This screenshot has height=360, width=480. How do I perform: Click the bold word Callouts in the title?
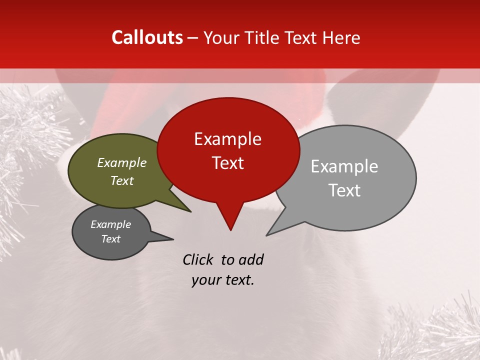[147, 37]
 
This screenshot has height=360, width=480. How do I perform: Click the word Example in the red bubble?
[227, 139]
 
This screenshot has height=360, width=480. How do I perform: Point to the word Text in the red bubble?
[227, 163]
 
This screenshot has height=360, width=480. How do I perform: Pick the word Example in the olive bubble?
[122, 162]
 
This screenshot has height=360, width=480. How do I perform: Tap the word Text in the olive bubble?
[122, 180]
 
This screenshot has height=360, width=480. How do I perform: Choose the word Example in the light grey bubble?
[344, 166]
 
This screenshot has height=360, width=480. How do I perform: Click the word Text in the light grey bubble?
[344, 190]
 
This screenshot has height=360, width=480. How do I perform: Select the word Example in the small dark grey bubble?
[110, 224]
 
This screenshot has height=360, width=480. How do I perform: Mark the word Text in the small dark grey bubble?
[110, 239]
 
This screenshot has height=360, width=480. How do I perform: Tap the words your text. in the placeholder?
[223, 280]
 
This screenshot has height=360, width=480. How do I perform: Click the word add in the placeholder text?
[251, 259]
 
